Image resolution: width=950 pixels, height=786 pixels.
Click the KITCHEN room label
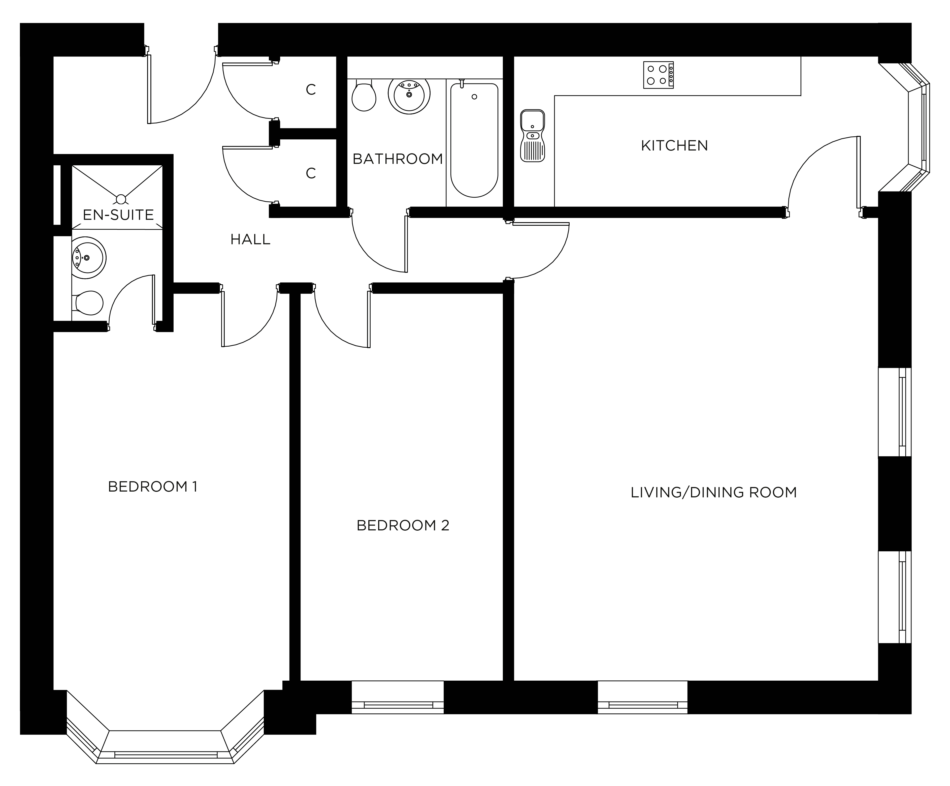click(674, 146)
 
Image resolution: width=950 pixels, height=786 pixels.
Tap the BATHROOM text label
click(398, 159)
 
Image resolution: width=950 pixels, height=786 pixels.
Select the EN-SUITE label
click(118, 215)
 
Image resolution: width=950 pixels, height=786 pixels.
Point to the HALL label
click(250, 239)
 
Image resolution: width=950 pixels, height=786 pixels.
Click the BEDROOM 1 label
click(152, 487)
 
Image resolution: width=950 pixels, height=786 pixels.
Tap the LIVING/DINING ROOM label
click(713, 492)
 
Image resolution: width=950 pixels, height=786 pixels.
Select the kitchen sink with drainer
click(533, 135)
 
